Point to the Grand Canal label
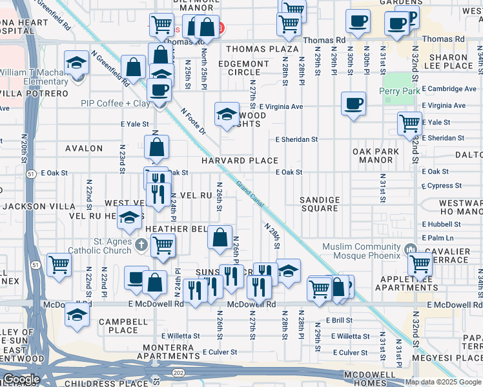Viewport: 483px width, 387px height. [249, 192]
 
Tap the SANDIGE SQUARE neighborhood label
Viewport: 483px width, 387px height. [320, 204]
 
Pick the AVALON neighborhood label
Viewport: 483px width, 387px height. [84, 148]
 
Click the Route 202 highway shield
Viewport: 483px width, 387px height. [178, 373]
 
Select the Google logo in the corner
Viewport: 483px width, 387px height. [21, 379]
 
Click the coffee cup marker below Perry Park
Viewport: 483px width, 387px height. [353, 103]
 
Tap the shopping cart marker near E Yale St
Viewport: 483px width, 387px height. [409, 122]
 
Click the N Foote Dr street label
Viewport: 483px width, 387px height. [193, 121]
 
